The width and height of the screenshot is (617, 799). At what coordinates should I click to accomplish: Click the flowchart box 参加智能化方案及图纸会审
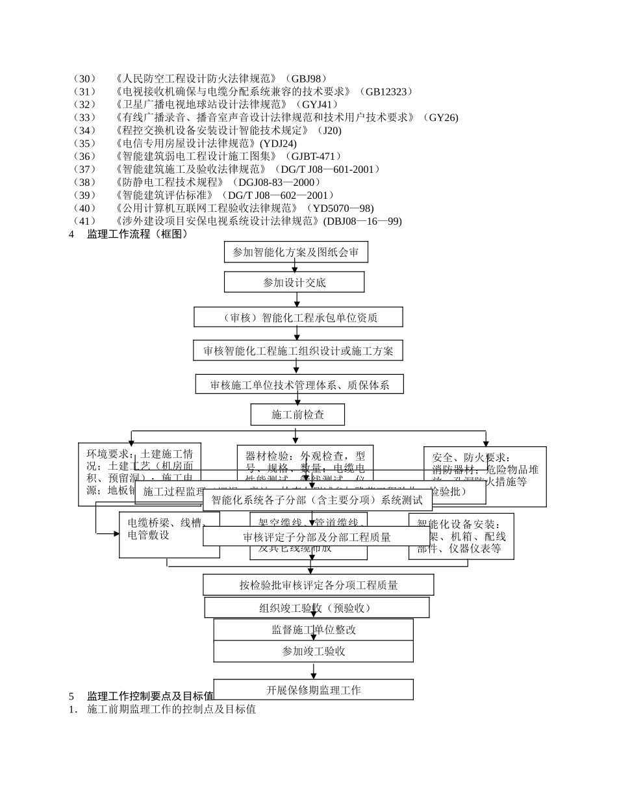pyautogui.click(x=296, y=252)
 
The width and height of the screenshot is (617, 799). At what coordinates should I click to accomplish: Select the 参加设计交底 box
pyautogui.click(x=294, y=282)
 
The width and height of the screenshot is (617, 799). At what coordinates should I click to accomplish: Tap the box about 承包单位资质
pyautogui.click(x=298, y=317)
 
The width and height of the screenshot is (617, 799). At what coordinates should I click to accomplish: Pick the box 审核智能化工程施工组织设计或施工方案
pyautogui.click(x=298, y=351)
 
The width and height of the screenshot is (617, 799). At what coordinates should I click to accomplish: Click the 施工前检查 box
pyautogui.click(x=297, y=414)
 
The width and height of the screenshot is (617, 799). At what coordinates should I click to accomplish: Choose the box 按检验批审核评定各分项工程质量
pyautogui.click(x=318, y=585)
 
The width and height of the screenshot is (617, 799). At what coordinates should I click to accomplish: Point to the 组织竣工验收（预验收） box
pyautogui.click(x=316, y=608)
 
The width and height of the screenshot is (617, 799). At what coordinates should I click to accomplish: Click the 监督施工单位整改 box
pyautogui.click(x=314, y=629)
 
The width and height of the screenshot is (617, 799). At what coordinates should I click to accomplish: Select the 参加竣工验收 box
pyautogui.click(x=314, y=651)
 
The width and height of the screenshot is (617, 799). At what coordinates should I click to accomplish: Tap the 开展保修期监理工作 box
pyautogui.click(x=314, y=690)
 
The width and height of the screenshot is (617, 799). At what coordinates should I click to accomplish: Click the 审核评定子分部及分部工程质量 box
pyautogui.click(x=316, y=537)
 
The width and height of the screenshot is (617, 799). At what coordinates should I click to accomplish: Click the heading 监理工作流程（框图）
pyautogui.click(x=138, y=234)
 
